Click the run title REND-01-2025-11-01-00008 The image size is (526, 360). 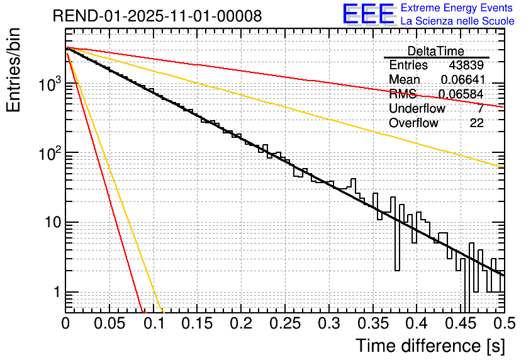click(x=157, y=16)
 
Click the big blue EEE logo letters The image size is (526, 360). click(x=367, y=14)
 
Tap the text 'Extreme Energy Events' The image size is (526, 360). click(x=457, y=8)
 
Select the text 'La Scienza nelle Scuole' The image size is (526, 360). click(x=457, y=21)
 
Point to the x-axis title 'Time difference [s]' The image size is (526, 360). click(x=430, y=346)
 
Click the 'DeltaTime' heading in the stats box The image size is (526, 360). click(x=436, y=52)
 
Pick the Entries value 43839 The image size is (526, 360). click(x=466, y=65)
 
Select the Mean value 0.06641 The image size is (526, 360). click(x=462, y=80)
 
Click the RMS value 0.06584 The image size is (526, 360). click(x=461, y=94)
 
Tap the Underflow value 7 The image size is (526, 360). click(x=480, y=109)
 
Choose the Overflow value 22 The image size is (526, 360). click(x=476, y=123)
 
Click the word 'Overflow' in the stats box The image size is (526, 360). click(x=413, y=123)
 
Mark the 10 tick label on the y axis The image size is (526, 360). click(x=49, y=223)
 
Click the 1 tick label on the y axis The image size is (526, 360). click(x=54, y=293)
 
